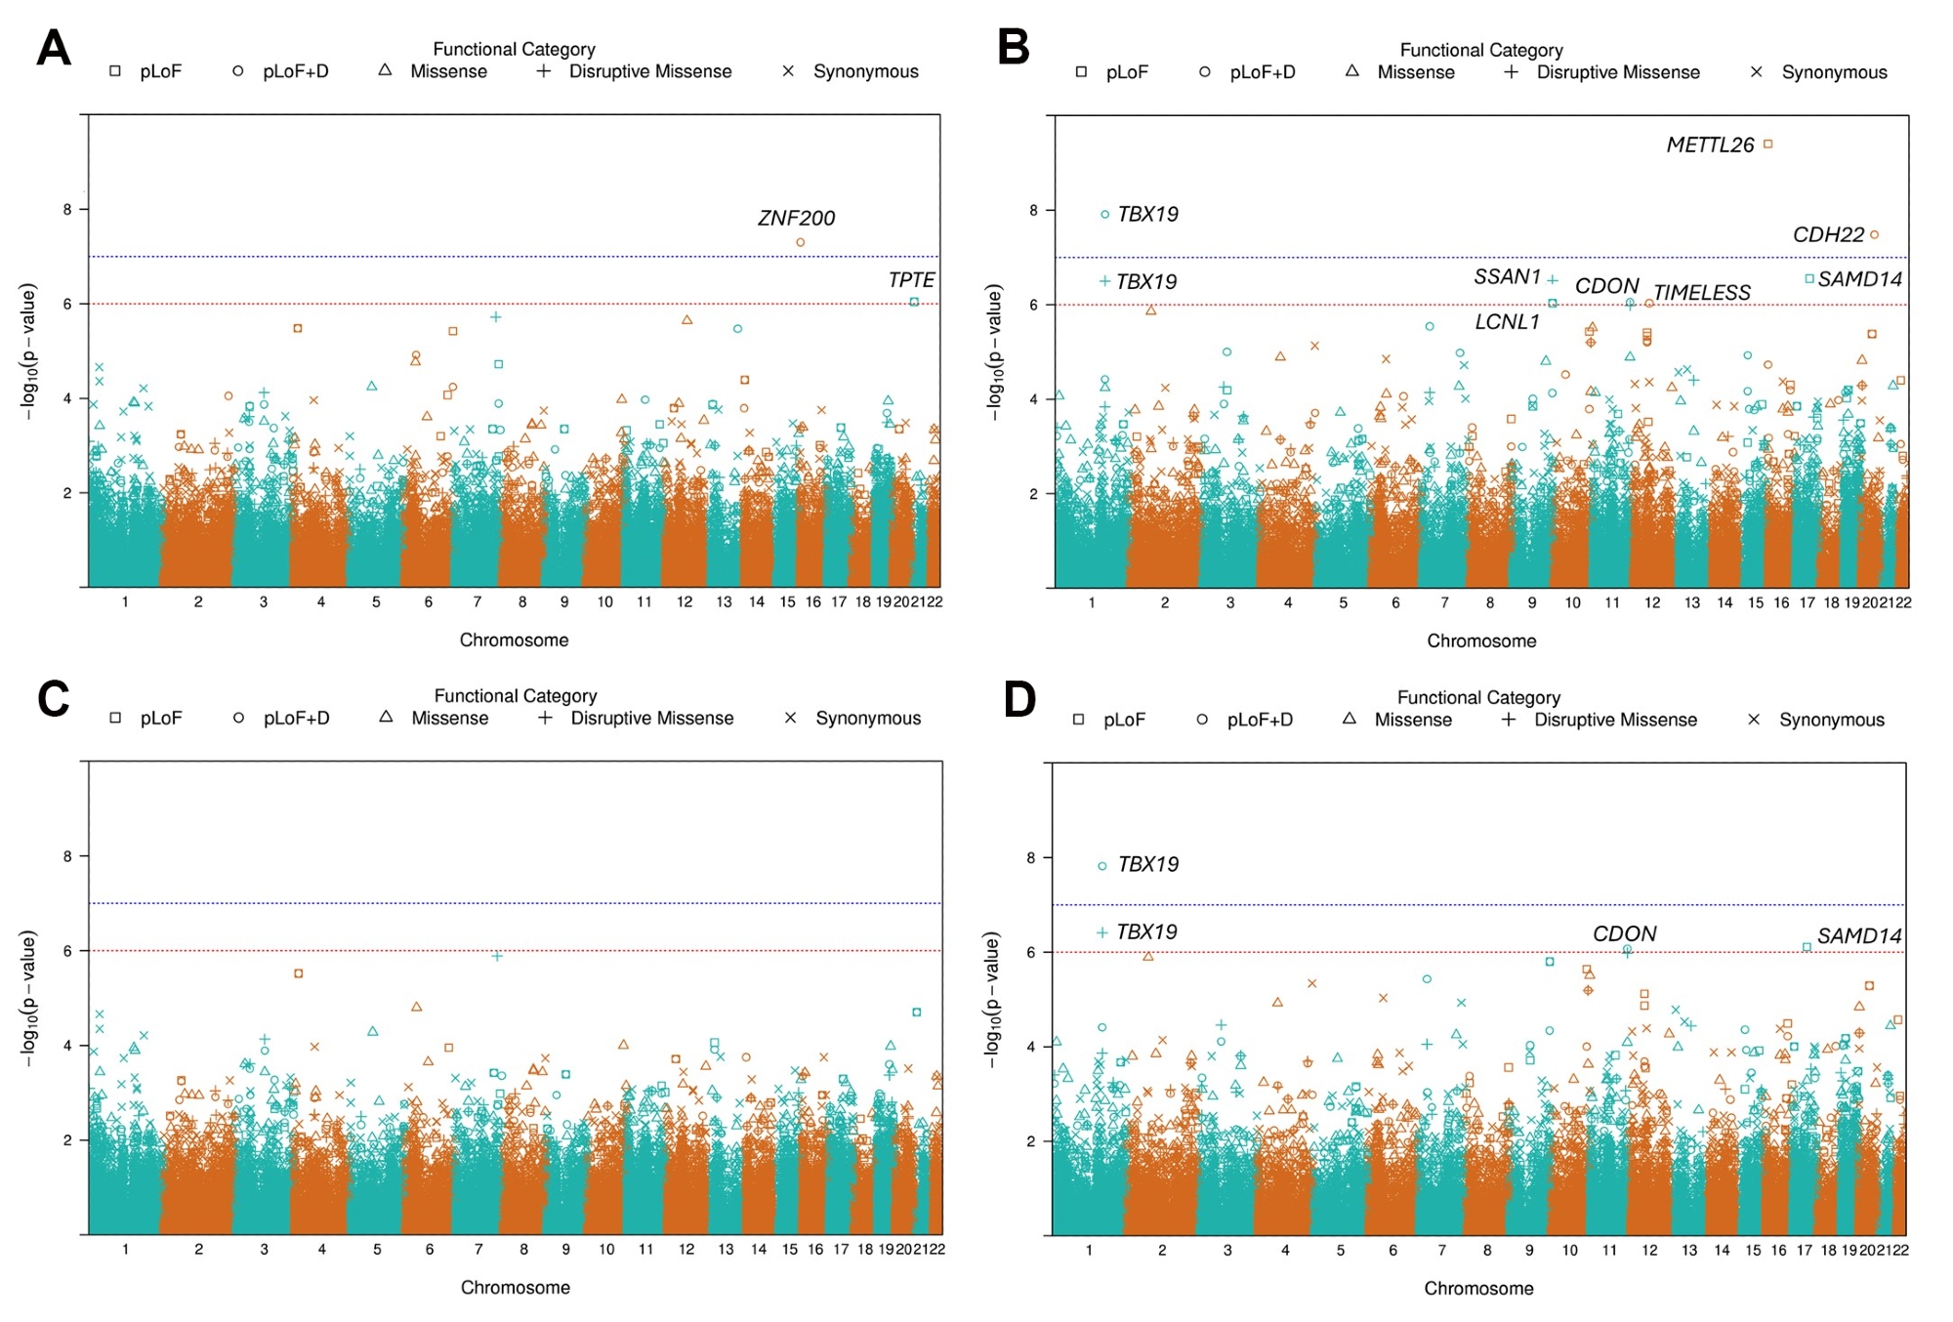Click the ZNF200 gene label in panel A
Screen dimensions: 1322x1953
pyautogui.click(x=796, y=218)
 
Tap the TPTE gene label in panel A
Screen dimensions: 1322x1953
pyautogui.click(x=911, y=280)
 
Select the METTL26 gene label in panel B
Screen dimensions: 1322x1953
pyautogui.click(x=1710, y=145)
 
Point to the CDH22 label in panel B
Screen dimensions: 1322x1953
pyautogui.click(x=1828, y=234)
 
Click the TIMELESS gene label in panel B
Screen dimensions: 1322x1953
pyautogui.click(x=1701, y=293)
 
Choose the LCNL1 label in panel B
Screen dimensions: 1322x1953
pyautogui.click(x=1507, y=321)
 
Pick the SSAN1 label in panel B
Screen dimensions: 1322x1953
pyautogui.click(x=1507, y=277)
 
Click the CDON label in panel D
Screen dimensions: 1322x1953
pyautogui.click(x=1624, y=933)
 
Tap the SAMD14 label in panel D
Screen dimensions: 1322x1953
pyautogui.click(x=1858, y=935)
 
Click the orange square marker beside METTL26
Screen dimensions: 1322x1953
pyautogui.click(x=1767, y=145)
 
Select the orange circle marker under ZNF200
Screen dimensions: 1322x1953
pyautogui.click(x=801, y=242)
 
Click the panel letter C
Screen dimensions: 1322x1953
pyautogui.click(x=54, y=699)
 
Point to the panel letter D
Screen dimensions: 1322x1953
pyautogui.click(x=1019, y=699)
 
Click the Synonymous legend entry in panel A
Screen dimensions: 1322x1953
pyautogui.click(x=865, y=71)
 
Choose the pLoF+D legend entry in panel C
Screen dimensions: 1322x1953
pyautogui.click(x=296, y=718)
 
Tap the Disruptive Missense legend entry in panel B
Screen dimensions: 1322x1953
pyautogui.click(x=1617, y=72)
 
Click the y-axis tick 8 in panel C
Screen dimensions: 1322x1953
pyautogui.click(x=67, y=856)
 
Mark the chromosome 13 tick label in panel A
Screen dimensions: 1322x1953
pyautogui.click(x=724, y=601)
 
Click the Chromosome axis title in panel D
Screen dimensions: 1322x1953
pyautogui.click(x=1478, y=1288)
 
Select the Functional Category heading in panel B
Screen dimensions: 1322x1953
pyautogui.click(x=1480, y=50)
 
